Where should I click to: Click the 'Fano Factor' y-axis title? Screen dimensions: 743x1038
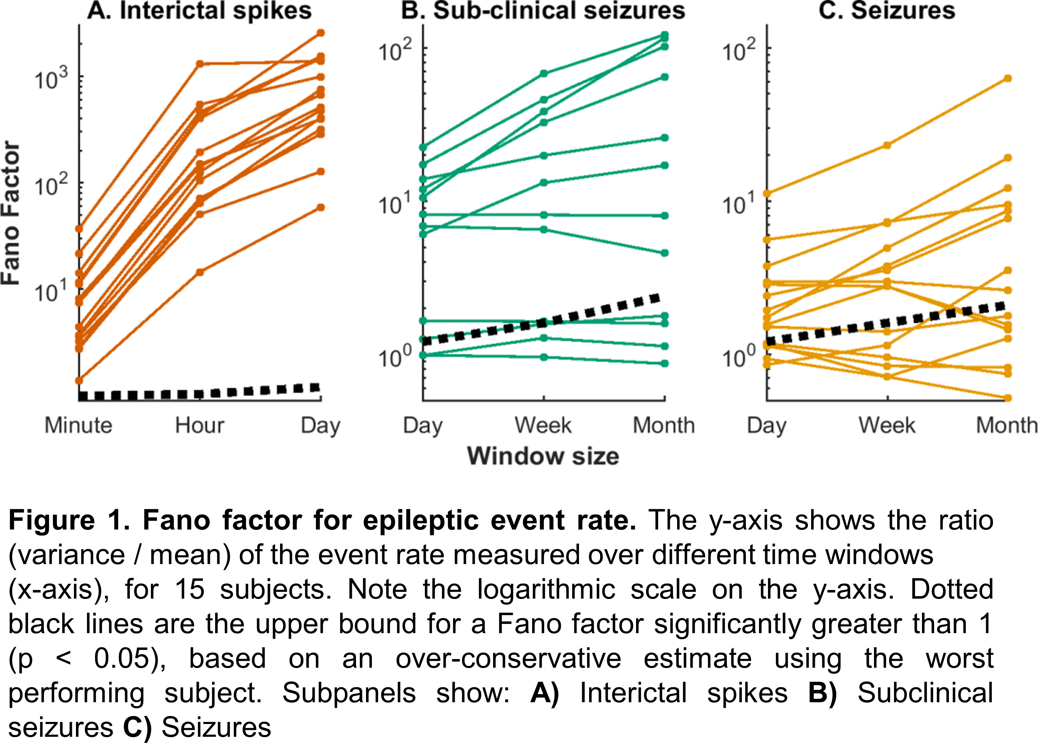11,213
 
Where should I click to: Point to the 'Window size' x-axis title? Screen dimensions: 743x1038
543,456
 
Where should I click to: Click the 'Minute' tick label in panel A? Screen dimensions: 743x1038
78,426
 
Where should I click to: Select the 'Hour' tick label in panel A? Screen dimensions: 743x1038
199,426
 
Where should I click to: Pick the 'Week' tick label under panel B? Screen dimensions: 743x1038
543,426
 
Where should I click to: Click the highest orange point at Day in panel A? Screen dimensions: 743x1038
321,32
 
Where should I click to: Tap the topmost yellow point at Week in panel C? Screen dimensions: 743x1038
887,145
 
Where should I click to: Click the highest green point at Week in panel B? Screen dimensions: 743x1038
544,74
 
